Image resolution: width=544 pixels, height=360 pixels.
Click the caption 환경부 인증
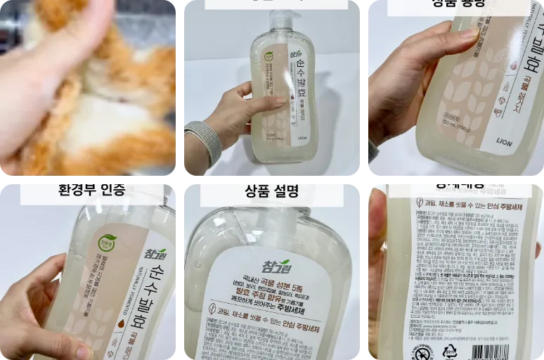point(91,191)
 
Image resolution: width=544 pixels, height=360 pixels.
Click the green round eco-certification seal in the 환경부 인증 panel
point(107,243)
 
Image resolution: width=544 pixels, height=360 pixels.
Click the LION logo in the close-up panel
point(523,141)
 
